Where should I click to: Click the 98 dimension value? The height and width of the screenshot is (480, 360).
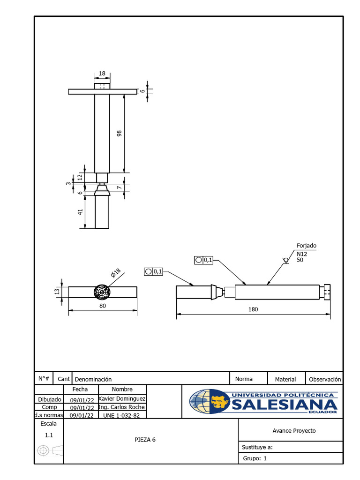pyautogui.click(x=119, y=134)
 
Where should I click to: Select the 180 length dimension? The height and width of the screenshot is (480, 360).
pyautogui.click(x=254, y=309)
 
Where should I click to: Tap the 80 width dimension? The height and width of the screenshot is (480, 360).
pyautogui.click(x=103, y=306)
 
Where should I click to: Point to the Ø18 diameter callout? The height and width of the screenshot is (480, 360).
pyautogui.click(x=116, y=273)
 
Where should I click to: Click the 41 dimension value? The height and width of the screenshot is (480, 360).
pyautogui.click(x=80, y=212)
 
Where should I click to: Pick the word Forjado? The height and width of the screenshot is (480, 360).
pyautogui.click(x=307, y=246)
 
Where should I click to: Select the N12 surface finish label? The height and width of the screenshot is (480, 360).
pyautogui.click(x=302, y=254)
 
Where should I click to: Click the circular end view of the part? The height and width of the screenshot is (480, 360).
pyautogui.click(x=102, y=292)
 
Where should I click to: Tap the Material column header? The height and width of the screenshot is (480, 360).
pyautogui.click(x=285, y=379)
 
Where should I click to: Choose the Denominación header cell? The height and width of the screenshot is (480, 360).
pyautogui.click(x=93, y=379)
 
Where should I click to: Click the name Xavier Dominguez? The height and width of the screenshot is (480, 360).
pyautogui.click(x=122, y=398)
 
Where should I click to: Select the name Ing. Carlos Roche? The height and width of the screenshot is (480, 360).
pyautogui.click(x=122, y=407)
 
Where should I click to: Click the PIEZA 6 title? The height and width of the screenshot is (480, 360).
pyautogui.click(x=145, y=440)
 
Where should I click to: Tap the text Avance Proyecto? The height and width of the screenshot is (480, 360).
pyautogui.click(x=294, y=431)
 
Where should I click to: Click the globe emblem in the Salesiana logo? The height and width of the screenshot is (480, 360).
pyautogui.click(x=209, y=402)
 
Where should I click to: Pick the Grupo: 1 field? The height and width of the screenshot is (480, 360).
pyautogui.click(x=255, y=458)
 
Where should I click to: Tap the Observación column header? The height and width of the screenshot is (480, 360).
pyautogui.click(x=325, y=379)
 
